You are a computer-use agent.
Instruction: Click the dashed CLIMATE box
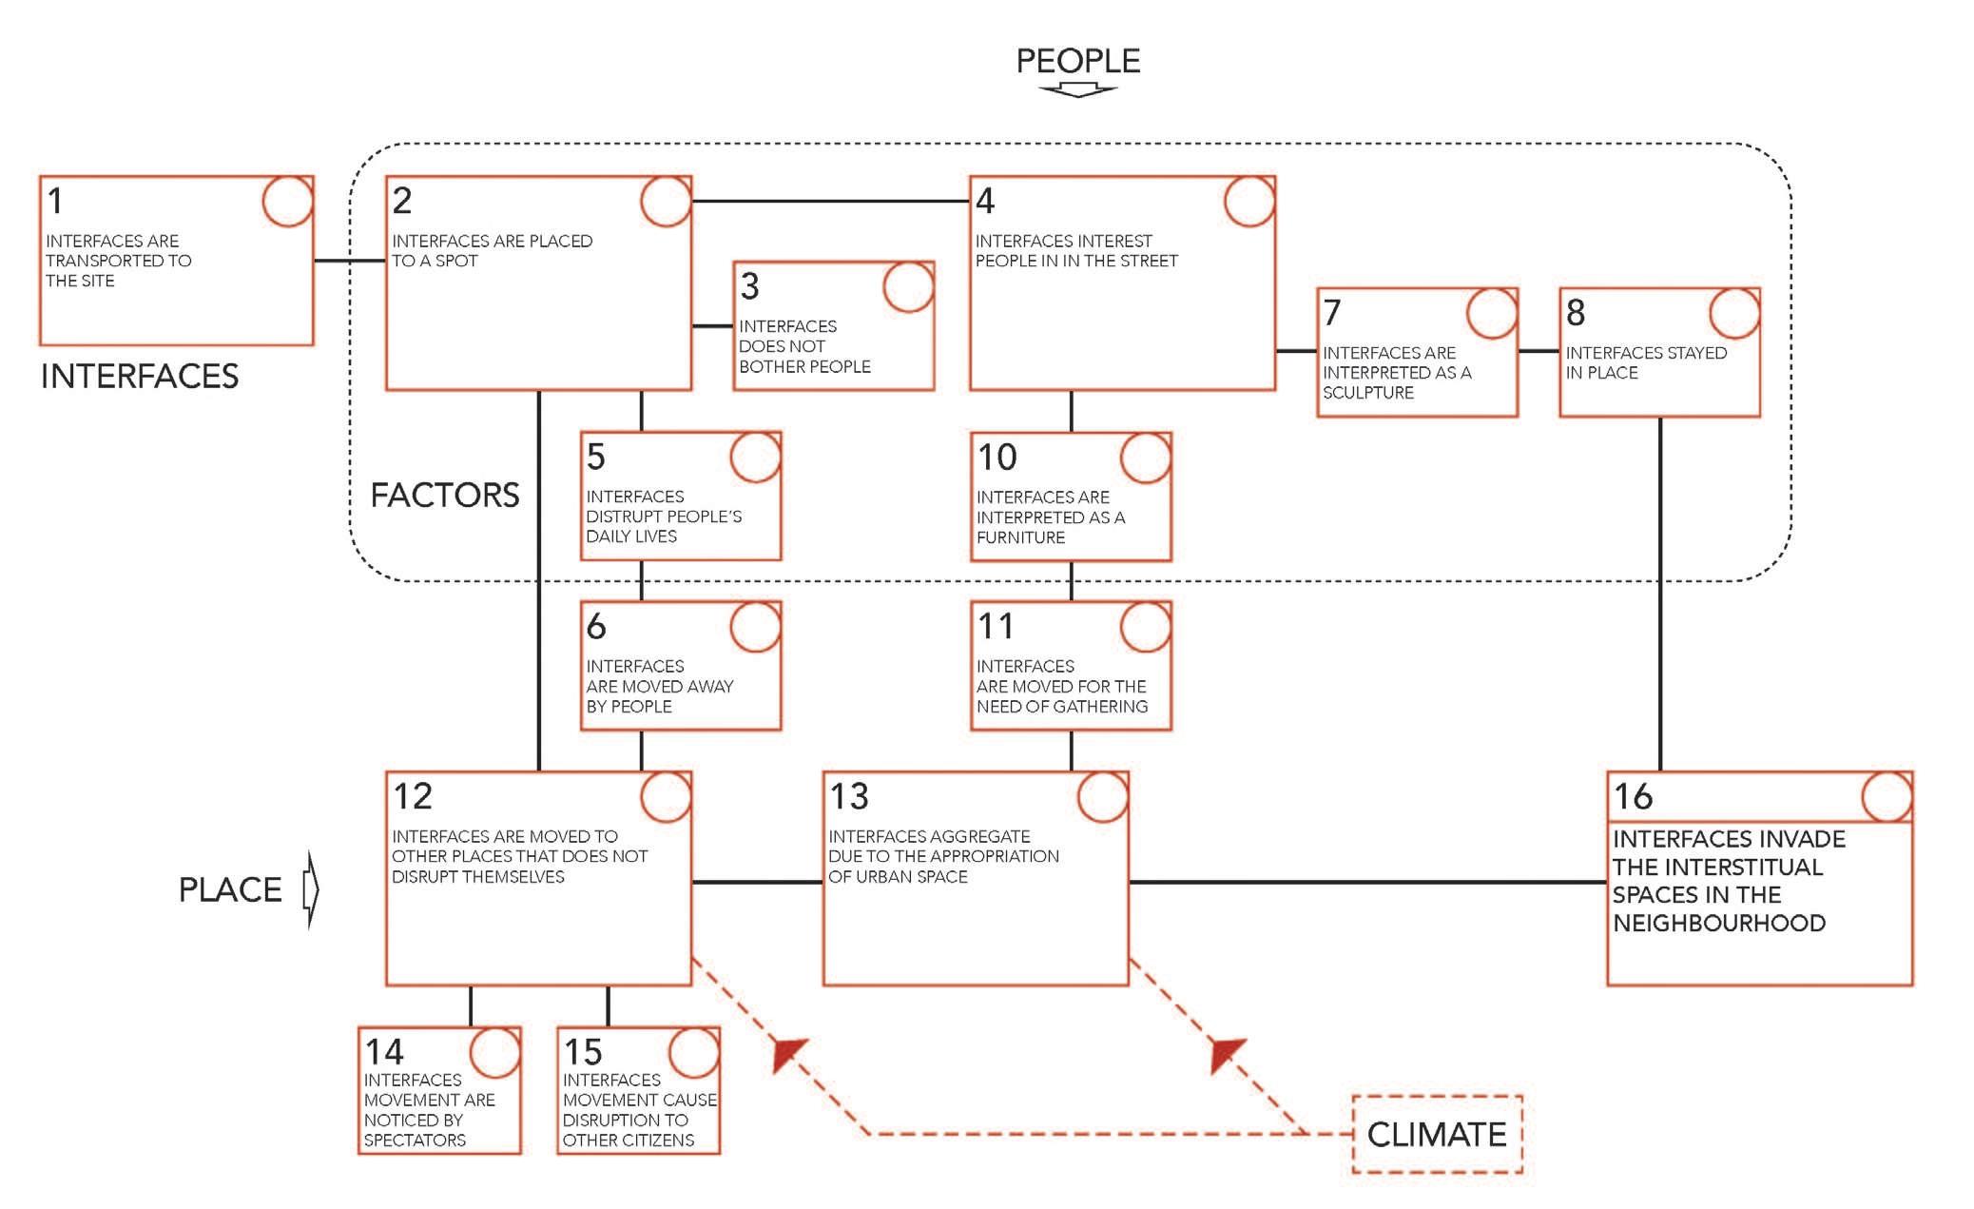click(1436, 1134)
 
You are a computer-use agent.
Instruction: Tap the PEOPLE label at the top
click(1077, 62)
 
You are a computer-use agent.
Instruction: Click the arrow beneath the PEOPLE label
click(1077, 90)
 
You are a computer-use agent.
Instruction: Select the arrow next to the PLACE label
click(310, 889)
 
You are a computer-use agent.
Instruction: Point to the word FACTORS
click(444, 496)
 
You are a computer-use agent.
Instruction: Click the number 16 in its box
click(1633, 796)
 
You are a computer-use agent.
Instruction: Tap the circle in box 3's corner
click(908, 286)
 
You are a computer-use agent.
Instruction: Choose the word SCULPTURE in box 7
click(1367, 393)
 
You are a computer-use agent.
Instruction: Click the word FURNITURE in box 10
click(1020, 537)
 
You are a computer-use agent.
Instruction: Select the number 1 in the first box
click(55, 201)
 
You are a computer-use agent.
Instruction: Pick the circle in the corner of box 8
click(1734, 313)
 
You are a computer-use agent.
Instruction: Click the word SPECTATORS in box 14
click(415, 1140)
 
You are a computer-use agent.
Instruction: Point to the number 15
click(583, 1052)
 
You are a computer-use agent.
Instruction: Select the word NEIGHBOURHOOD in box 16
click(1718, 923)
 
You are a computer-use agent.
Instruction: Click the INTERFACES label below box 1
click(139, 377)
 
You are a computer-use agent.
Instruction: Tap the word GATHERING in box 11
click(1101, 707)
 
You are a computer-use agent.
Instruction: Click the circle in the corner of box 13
click(1103, 797)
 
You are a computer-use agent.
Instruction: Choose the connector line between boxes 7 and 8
click(1539, 351)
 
